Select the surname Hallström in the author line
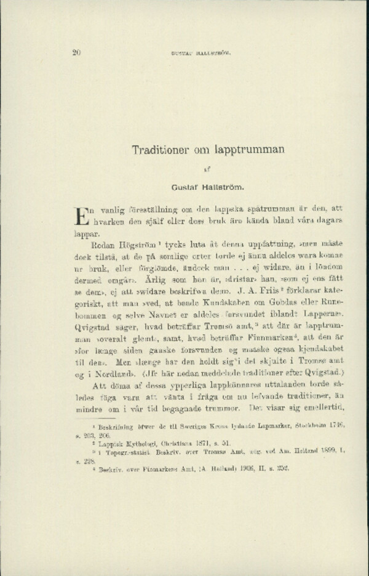[x=221, y=184]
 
